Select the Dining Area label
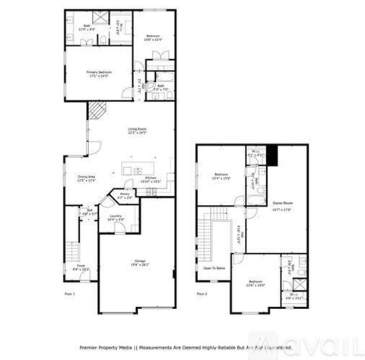click(x=86, y=179)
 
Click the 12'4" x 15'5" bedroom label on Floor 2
click(x=221, y=175)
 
